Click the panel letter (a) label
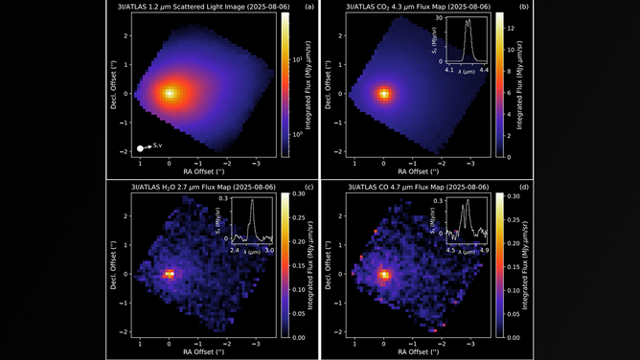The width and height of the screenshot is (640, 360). click(309, 8)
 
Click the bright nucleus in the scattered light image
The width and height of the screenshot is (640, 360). click(170, 94)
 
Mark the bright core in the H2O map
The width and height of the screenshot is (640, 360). click(170, 273)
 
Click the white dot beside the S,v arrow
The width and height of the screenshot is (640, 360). click(141, 147)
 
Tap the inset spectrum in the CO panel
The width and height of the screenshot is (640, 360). click(467, 222)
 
